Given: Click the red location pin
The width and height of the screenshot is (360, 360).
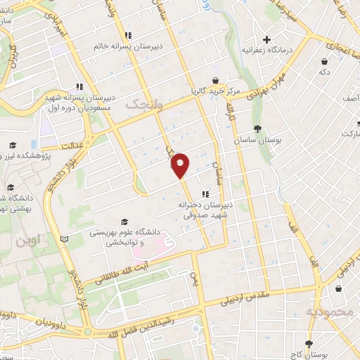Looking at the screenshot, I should pyautogui.click(x=181, y=165).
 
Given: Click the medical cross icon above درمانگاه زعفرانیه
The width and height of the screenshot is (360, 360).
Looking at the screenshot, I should pyautogui.click(x=266, y=39).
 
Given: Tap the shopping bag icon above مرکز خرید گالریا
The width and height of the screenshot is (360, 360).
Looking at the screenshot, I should pyautogui.click(x=215, y=79).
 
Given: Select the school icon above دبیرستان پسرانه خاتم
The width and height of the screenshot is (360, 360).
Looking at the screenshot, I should pyautogui.click(x=127, y=35).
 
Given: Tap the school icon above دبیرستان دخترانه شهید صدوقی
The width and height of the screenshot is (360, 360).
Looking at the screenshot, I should pyautogui.click(x=205, y=194).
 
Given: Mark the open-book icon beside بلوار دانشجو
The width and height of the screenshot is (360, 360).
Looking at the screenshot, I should pyautogui.click(x=65, y=240).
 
